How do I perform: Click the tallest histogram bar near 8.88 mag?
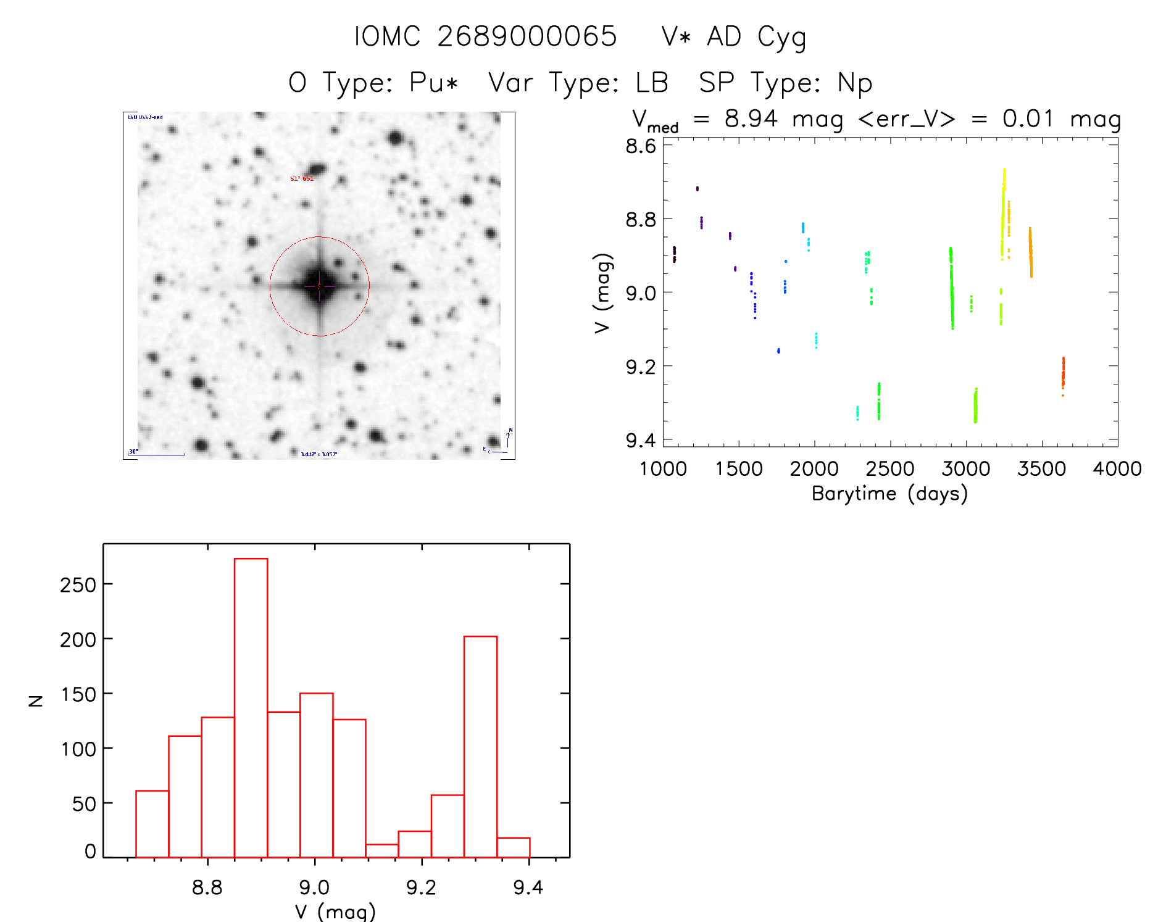pos(251,707)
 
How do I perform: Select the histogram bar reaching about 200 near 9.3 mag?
pos(480,746)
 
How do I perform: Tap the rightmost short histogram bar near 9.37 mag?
pos(513,847)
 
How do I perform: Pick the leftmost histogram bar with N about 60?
pos(152,824)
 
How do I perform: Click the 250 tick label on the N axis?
pos(78,584)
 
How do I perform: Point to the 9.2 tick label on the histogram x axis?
pos(421,887)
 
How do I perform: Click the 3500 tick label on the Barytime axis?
pos(1041,469)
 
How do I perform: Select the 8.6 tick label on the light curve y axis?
pos(640,146)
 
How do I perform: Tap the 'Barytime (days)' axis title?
pos(889,494)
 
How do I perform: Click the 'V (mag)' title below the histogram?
pos(335,911)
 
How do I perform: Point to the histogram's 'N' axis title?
pos(36,700)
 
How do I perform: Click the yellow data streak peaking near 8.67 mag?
pos(1003,210)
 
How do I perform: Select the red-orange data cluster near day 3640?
pos(1063,373)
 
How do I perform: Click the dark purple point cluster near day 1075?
pos(674,254)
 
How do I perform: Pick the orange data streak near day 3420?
pos(1030,252)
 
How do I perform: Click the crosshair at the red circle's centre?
pos(319,286)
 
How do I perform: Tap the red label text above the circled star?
pos(302,178)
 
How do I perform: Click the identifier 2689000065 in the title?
pos(527,36)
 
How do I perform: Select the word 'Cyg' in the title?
pos(781,38)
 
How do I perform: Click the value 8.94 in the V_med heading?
pos(751,118)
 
